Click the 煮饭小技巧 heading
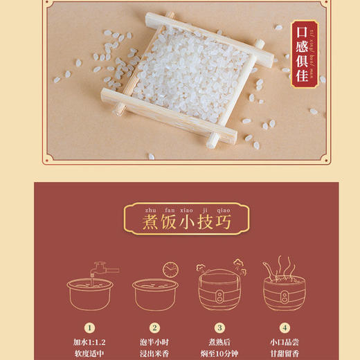point(180,222)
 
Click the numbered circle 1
point(90,328)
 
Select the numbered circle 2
point(155,328)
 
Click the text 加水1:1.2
point(90,342)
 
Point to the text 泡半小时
point(155,342)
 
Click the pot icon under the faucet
point(90,295)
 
